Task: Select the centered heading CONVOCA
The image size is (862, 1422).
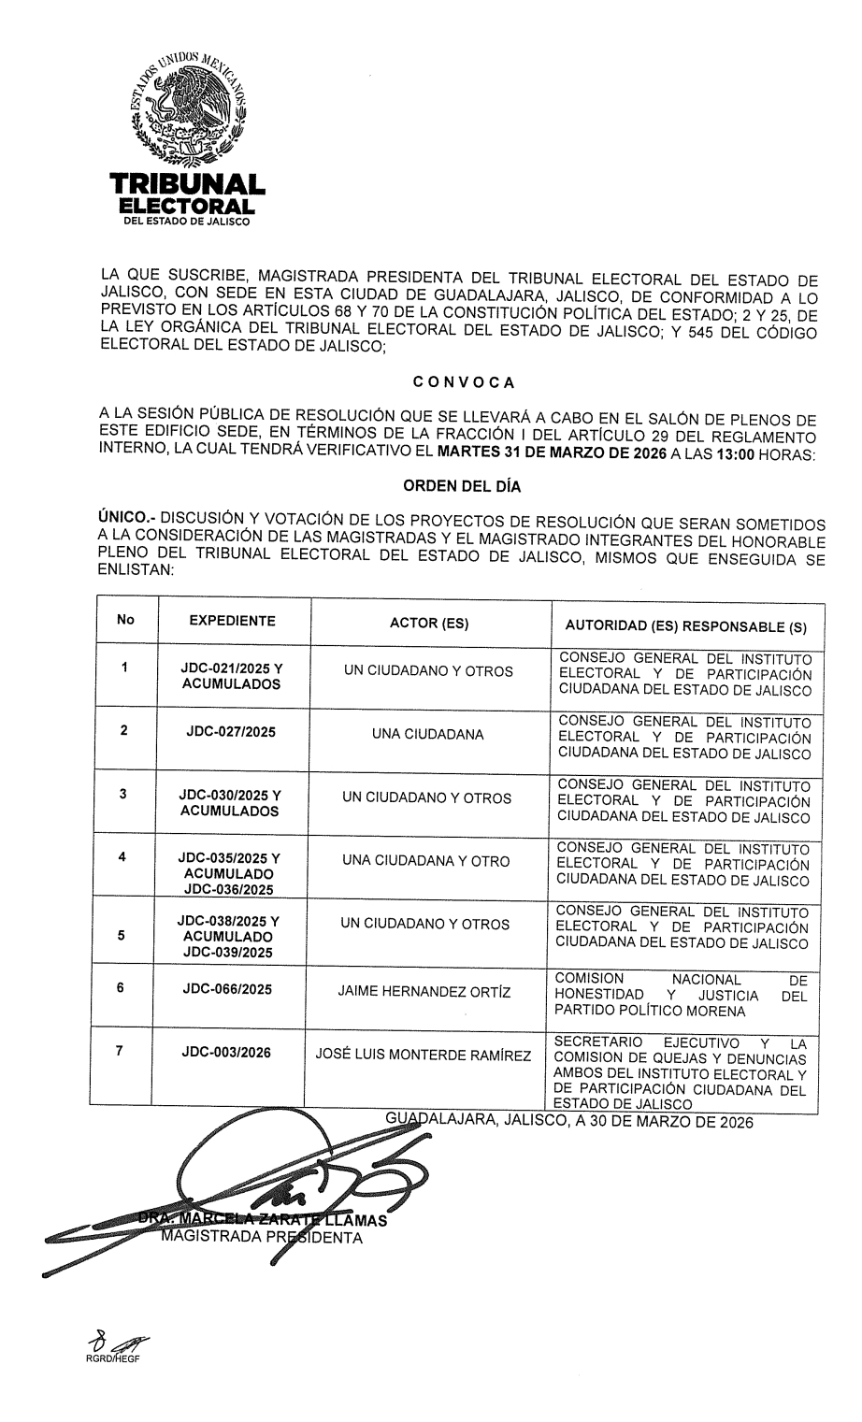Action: pos(463,381)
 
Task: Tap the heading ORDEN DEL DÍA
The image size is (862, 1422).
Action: pos(462,486)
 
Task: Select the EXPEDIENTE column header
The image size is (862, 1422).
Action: pos(232,621)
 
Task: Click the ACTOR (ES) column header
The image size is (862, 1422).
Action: pos(428,624)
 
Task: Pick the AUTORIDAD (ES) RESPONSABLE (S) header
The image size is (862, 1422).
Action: pos(686,625)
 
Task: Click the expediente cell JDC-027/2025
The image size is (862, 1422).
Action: pos(231,732)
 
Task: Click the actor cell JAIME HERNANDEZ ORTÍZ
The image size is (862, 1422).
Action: pos(424,991)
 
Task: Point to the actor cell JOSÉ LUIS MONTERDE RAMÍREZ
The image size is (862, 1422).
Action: pos(424,1056)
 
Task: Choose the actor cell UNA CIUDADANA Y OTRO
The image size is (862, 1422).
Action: pos(426,861)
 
